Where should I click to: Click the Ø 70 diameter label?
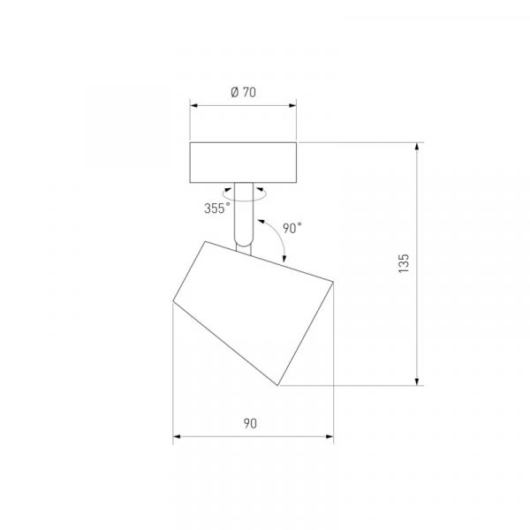[x=244, y=92]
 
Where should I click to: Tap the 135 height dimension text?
[x=404, y=263]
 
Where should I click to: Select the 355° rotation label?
[x=217, y=208]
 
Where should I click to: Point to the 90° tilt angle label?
[x=292, y=228]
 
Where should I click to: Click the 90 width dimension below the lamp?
[x=250, y=423]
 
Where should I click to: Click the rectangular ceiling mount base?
[x=243, y=163]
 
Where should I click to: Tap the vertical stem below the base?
[x=244, y=215]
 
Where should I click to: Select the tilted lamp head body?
[x=254, y=313]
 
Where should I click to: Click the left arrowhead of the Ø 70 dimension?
[x=193, y=105]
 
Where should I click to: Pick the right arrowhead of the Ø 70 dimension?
[x=292, y=105]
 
